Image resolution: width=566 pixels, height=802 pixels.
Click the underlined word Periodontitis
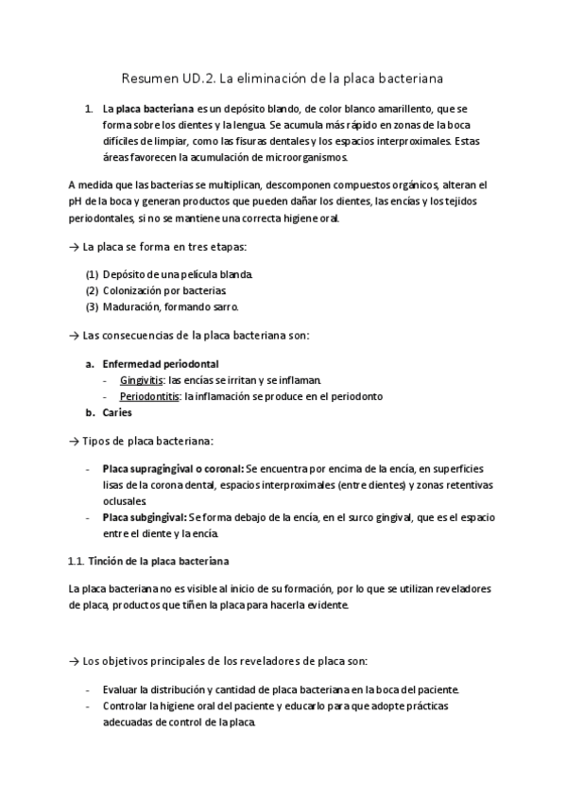click(149, 395)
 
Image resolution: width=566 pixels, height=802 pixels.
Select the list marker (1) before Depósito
click(92, 274)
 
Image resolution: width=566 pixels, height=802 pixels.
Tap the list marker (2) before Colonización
click(92, 290)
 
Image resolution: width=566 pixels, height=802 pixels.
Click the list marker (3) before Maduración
click(92, 306)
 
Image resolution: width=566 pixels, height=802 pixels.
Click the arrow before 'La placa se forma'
click(75, 247)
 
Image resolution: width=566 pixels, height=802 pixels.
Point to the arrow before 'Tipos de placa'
click(75, 441)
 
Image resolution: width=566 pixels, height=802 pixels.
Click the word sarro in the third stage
click(226, 306)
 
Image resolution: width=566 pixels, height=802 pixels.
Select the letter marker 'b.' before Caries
click(91, 411)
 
